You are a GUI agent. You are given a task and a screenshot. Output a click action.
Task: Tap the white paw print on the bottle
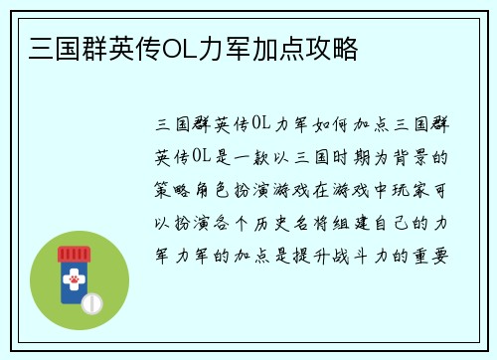click(x=73, y=283)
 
